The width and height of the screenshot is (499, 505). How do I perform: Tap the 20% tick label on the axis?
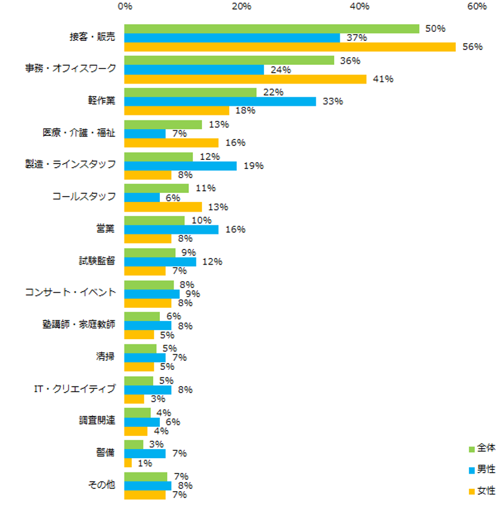pos(242,7)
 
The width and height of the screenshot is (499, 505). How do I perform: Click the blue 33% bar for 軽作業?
pos(220,102)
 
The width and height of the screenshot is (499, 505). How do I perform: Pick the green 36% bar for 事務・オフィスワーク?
pos(229,60)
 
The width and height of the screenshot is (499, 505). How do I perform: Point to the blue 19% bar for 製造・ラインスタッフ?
pos(180,165)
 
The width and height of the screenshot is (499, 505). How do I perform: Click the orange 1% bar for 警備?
pos(128,463)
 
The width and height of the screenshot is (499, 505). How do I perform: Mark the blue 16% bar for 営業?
pos(171,230)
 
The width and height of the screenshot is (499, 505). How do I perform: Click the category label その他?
pos(102,485)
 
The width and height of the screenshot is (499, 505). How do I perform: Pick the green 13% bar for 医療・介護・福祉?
pos(163,124)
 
